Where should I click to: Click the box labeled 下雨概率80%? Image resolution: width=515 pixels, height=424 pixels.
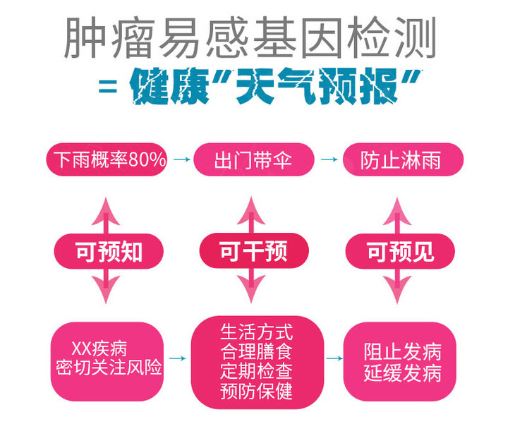107,160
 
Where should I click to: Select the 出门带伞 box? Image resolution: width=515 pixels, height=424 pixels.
253,160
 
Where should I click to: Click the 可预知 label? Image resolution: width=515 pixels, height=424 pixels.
109,250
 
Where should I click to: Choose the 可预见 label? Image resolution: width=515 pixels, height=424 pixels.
401,250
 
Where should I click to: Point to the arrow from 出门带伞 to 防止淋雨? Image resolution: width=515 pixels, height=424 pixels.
329,160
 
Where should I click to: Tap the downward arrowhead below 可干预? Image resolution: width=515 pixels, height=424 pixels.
253,291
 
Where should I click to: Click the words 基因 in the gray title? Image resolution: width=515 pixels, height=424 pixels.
302,37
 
